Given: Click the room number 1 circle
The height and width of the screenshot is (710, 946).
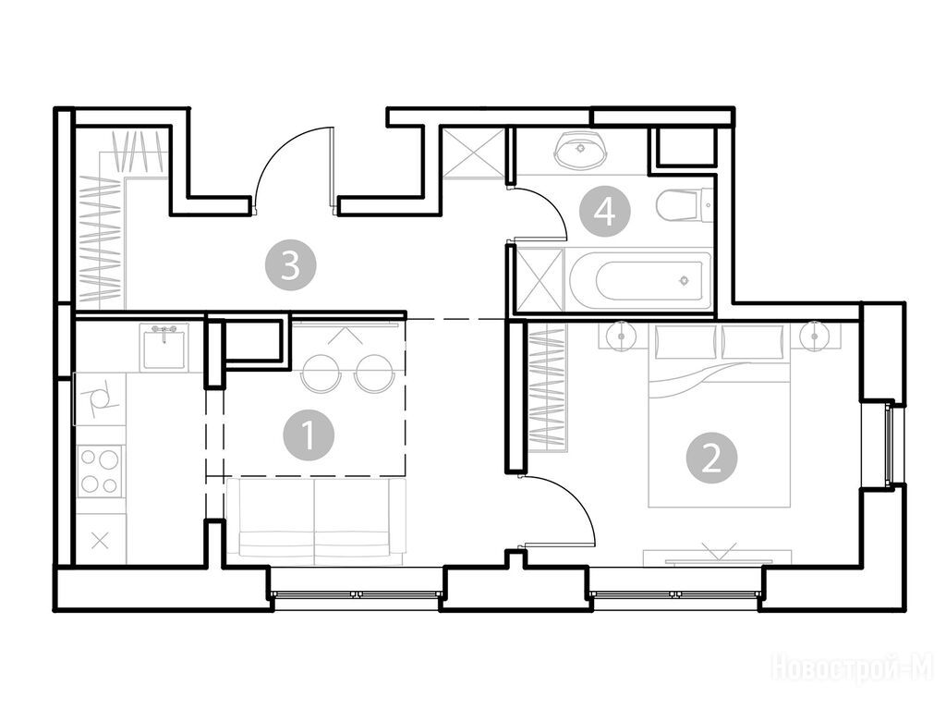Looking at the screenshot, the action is point(309,435).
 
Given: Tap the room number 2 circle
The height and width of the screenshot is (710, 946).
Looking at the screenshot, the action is point(712,459).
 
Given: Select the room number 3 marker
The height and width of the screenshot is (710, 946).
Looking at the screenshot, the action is point(290,264).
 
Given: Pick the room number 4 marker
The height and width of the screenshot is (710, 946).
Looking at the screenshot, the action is point(604,212).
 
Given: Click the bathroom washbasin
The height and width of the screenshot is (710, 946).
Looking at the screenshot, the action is point(580,149).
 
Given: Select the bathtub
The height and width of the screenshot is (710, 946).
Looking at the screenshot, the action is point(642,280).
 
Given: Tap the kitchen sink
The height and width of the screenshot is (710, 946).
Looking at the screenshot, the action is point(164,347).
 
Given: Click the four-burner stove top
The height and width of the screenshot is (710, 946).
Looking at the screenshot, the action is point(100,471).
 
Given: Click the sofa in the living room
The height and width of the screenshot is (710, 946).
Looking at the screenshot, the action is point(314,521).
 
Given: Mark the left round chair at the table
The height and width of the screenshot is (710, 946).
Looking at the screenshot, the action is point(321,373).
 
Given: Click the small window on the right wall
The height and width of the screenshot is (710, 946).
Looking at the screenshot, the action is point(889,443).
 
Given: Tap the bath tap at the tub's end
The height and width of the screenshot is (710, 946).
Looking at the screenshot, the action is point(684,280).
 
